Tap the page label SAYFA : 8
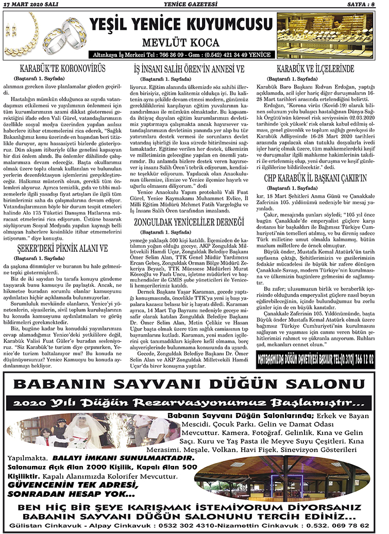point(367,5)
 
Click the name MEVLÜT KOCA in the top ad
point(181,43)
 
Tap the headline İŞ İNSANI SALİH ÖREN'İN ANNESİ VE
point(189,68)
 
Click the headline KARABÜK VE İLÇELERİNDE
point(315,68)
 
